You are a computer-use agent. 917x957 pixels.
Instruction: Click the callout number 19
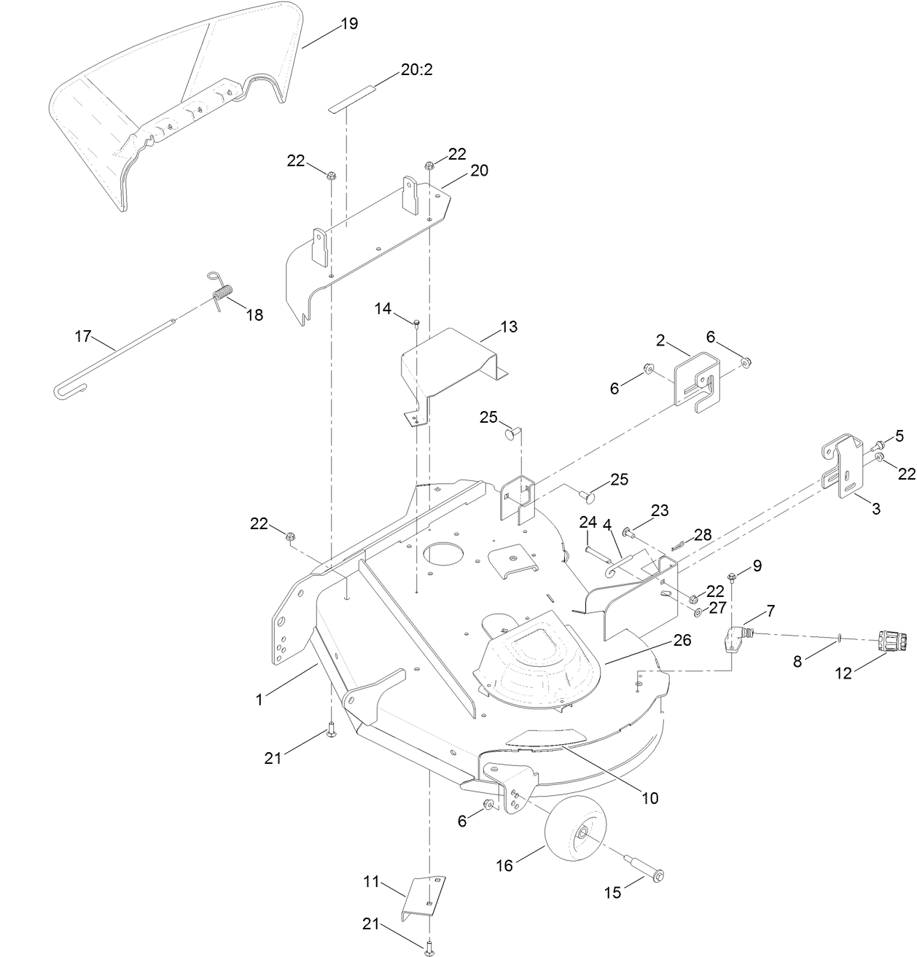click(349, 23)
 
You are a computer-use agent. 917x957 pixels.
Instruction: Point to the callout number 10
click(649, 798)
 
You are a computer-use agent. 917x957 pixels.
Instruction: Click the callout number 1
click(259, 700)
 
